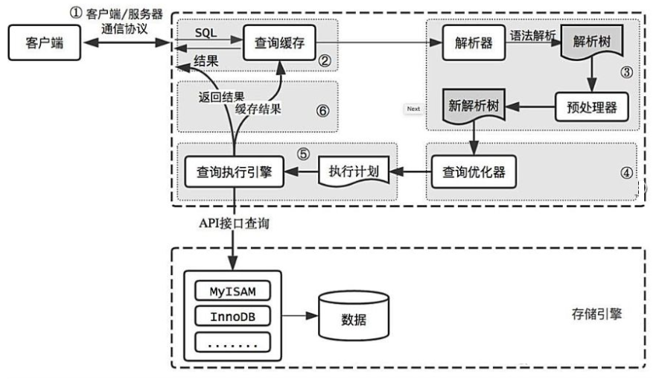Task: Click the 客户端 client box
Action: click(45, 42)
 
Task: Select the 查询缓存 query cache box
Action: click(279, 42)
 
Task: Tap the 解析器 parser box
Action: click(474, 42)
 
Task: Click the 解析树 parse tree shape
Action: click(592, 42)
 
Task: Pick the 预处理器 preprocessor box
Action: click(591, 107)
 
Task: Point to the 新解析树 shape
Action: click(474, 106)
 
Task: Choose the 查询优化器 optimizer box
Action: click(474, 172)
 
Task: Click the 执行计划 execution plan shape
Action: click(354, 171)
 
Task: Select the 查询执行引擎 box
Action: click(235, 172)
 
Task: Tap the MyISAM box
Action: click(232, 291)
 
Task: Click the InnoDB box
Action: click(232, 317)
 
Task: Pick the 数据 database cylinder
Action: click(354, 315)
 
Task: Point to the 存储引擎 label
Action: click(596, 314)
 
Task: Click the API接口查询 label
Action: click(234, 223)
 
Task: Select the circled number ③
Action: click(626, 72)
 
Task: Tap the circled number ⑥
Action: click(323, 110)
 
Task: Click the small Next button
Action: click(413, 109)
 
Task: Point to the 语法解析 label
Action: click(532, 36)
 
